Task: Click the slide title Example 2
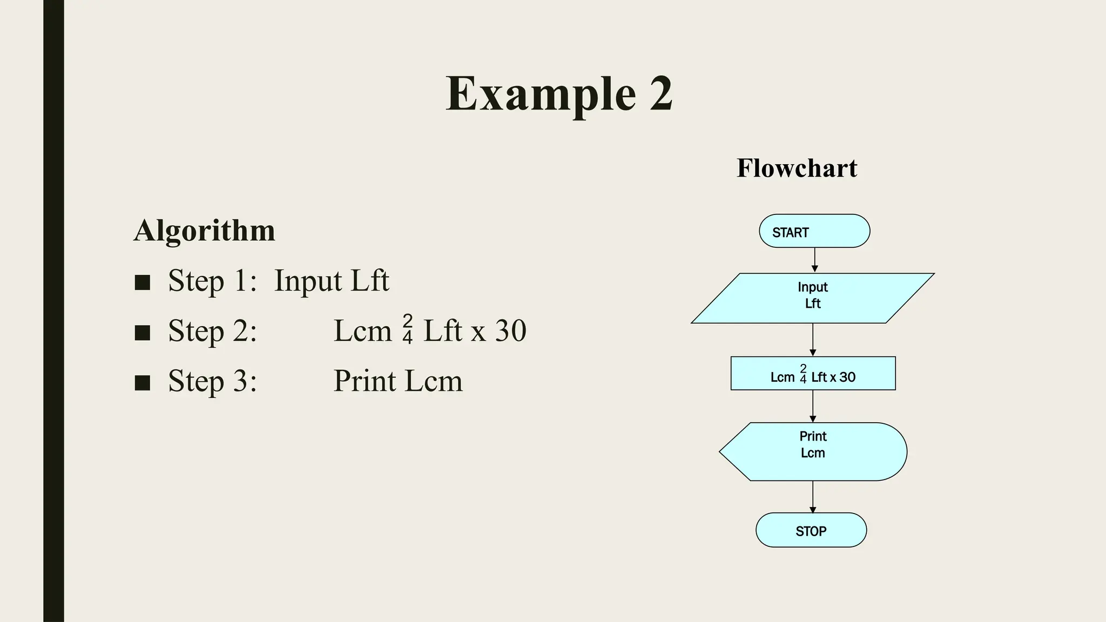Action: tap(559, 94)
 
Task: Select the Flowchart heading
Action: tap(797, 168)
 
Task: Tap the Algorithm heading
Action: tap(204, 231)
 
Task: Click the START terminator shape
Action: tap(814, 231)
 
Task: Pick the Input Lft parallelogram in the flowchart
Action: tap(813, 298)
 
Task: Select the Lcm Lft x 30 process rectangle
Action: tap(813, 374)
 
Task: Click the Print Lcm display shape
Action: tap(813, 451)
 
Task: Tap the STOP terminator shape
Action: tap(811, 530)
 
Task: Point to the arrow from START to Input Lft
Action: tap(815, 260)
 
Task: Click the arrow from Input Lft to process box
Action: tap(813, 340)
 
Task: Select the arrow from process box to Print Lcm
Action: tap(813, 406)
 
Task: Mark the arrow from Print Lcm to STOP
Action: tap(813, 497)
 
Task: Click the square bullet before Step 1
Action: tap(142, 282)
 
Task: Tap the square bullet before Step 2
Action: tap(142, 333)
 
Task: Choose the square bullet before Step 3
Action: tap(142, 383)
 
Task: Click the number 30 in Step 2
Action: tap(510, 331)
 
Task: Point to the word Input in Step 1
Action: tap(308, 281)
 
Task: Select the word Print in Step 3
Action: tap(365, 381)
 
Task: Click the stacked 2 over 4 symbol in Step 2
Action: tap(408, 329)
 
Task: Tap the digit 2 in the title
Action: tap(660, 94)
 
